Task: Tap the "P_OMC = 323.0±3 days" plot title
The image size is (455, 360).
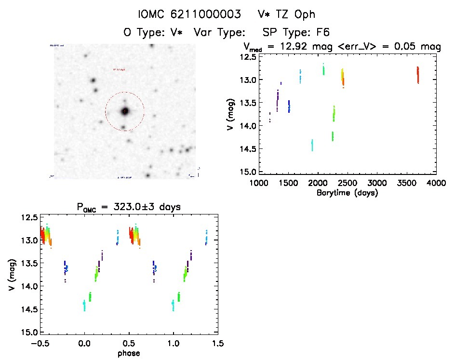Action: [129, 208]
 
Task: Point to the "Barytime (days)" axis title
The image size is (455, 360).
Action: [347, 193]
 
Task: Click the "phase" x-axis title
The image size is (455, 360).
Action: [129, 353]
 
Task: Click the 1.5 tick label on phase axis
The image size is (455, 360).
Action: [217, 344]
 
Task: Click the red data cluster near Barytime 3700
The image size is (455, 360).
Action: [418, 75]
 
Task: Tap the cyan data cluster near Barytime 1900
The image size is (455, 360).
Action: [312, 145]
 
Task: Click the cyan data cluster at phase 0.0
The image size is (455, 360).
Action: [84, 305]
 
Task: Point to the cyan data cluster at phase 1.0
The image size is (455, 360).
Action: [173, 305]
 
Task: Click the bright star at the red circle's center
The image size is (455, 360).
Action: [125, 111]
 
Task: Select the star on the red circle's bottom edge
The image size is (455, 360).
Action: [123, 128]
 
